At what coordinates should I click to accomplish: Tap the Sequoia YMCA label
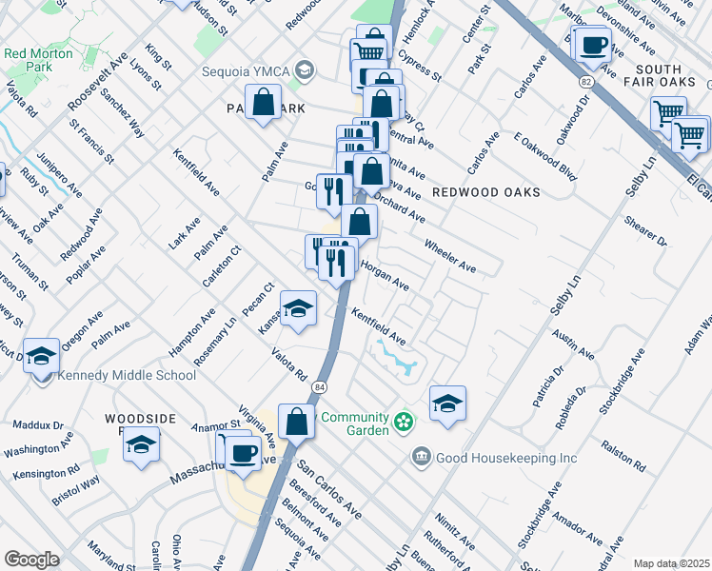pyautogui.click(x=245, y=69)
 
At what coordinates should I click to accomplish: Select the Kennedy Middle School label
pyautogui.click(x=127, y=375)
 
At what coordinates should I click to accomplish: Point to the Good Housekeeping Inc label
pyautogui.click(x=506, y=459)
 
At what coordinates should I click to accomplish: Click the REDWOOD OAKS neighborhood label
pyautogui.click(x=485, y=192)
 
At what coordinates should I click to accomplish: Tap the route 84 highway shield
pyautogui.click(x=322, y=385)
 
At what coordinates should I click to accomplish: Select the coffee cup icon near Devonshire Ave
pyautogui.click(x=594, y=46)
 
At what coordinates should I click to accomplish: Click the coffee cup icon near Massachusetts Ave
pyautogui.click(x=245, y=453)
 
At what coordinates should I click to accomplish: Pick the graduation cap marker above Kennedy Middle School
pyautogui.click(x=41, y=356)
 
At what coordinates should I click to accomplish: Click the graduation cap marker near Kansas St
pyautogui.click(x=298, y=309)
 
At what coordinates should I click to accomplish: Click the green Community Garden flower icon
pyautogui.click(x=405, y=420)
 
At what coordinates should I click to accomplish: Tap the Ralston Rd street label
pyautogui.click(x=623, y=456)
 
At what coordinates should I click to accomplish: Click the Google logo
pyautogui.click(x=31, y=560)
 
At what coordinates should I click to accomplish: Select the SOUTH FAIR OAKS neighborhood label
pyautogui.click(x=659, y=77)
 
